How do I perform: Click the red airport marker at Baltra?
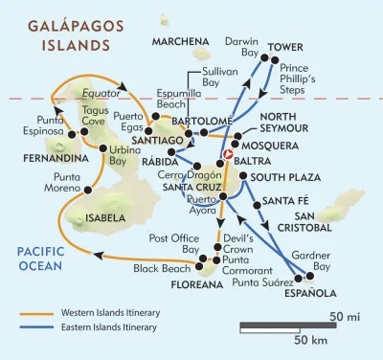tap(228, 154)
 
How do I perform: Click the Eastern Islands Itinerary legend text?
tap(111, 326)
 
